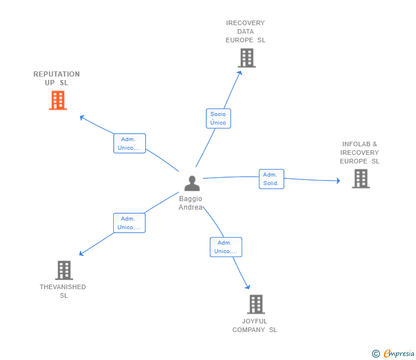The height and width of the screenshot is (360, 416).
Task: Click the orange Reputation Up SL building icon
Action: (58, 101)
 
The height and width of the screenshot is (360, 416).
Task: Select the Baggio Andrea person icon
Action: (192, 183)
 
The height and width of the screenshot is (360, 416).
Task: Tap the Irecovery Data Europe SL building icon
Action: (246, 58)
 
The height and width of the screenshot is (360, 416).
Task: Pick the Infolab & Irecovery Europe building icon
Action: (360, 179)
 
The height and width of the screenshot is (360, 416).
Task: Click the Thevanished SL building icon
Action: (64, 270)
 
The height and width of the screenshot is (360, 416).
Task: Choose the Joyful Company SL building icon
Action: (255, 304)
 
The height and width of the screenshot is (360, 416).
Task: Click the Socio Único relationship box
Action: (218, 118)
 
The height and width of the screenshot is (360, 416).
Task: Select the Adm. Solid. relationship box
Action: (271, 179)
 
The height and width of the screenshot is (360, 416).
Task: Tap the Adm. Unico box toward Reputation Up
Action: (129, 143)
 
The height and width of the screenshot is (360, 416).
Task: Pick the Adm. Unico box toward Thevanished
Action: (129, 223)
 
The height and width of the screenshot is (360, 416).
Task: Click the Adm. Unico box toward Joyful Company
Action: (226, 247)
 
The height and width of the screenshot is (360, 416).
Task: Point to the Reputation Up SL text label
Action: (57, 78)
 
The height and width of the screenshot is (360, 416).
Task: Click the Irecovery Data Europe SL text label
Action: (246, 31)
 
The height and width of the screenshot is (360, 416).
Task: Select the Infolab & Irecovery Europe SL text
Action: (359, 153)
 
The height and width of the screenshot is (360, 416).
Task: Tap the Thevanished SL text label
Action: (63, 291)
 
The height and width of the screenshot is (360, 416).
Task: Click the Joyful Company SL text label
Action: (254, 325)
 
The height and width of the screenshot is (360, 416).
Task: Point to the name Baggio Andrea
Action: (190, 203)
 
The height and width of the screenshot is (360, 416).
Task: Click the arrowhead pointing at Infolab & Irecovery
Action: (338, 181)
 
